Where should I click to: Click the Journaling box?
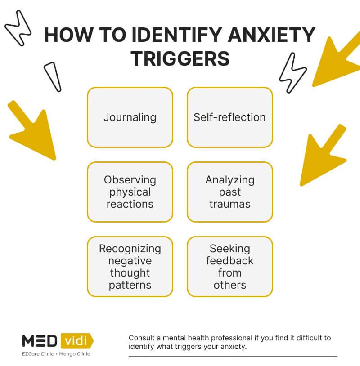pos(130,117)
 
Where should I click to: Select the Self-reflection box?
pos(229,117)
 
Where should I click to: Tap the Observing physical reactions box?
pos(130,192)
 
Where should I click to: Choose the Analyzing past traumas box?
pos(229,192)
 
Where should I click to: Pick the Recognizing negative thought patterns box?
pos(130,267)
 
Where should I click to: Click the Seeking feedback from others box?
pos(229,267)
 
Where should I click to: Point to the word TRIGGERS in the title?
pos(180,58)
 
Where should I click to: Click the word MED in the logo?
pos(39,341)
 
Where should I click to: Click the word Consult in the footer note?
pos(141,338)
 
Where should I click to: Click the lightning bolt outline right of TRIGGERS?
pos(292,72)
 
